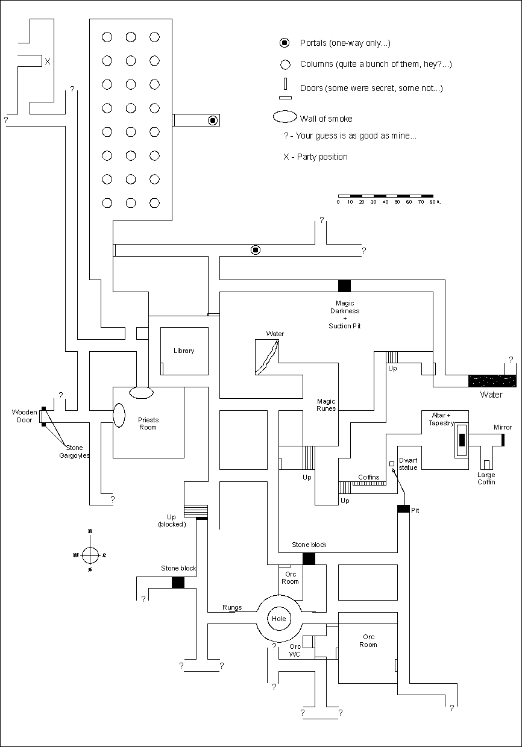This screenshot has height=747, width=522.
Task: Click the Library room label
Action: tap(184, 351)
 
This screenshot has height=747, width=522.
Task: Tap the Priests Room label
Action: tap(148, 424)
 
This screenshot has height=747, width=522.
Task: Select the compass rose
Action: tap(90, 554)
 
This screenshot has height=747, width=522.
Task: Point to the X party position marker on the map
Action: tap(48, 61)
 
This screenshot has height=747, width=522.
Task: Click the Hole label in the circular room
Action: tap(278, 619)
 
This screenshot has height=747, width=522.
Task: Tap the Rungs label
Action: tap(232, 607)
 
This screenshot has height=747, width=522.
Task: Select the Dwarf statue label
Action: tap(408, 464)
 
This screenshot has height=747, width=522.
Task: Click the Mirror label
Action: tap(503, 427)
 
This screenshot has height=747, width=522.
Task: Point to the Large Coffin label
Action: tap(486, 478)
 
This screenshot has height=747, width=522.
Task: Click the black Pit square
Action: tap(403, 509)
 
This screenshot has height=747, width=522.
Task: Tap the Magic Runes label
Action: tap(326, 405)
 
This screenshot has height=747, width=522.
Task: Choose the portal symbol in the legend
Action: tap(284, 43)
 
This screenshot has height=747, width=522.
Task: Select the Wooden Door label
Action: tap(25, 416)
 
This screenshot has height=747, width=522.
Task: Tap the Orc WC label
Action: tap(295, 651)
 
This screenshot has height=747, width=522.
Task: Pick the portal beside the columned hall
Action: tap(212, 120)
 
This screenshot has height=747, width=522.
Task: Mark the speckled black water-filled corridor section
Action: tap(492, 381)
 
